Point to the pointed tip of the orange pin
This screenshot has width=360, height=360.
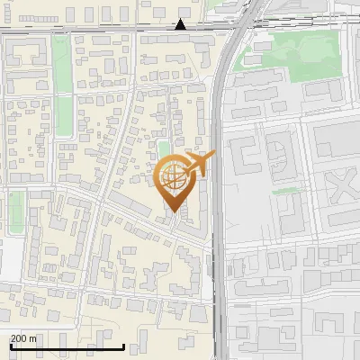click(175, 211)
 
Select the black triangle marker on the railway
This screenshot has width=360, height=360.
click(181, 24)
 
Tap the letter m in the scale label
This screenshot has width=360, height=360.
click(34, 338)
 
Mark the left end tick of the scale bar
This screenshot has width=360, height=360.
click(11, 346)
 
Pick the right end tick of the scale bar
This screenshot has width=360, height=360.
click(123, 346)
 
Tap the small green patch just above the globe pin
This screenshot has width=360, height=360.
click(163, 148)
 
